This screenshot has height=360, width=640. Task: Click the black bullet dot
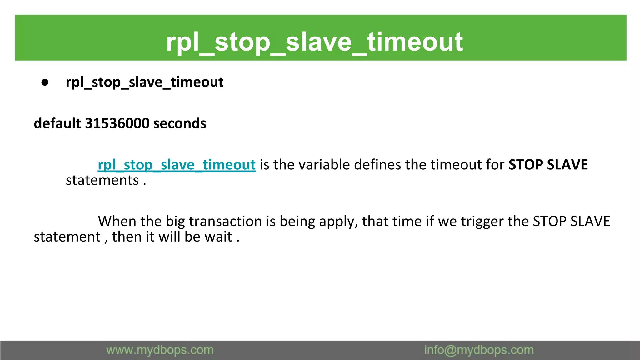[x=45, y=82]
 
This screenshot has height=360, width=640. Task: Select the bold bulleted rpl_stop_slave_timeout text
[x=144, y=82]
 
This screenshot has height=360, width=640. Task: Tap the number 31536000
[x=117, y=123]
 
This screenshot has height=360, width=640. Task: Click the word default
[x=57, y=123]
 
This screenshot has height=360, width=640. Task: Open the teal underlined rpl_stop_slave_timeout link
[x=177, y=165]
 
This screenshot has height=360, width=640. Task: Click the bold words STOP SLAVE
[x=548, y=165]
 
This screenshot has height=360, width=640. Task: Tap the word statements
[x=102, y=180]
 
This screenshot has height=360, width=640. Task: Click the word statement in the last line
[x=67, y=237]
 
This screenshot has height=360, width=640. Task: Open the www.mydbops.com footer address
[x=160, y=350]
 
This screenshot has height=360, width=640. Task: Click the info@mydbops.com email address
[x=479, y=350]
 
